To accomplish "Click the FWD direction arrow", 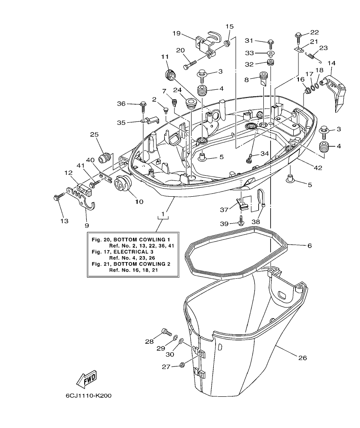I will (x=86, y=378).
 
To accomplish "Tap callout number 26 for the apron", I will (x=303, y=357).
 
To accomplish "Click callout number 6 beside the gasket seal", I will (x=309, y=245).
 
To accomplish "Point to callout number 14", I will (x=331, y=63).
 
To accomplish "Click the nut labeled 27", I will (x=181, y=365).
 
